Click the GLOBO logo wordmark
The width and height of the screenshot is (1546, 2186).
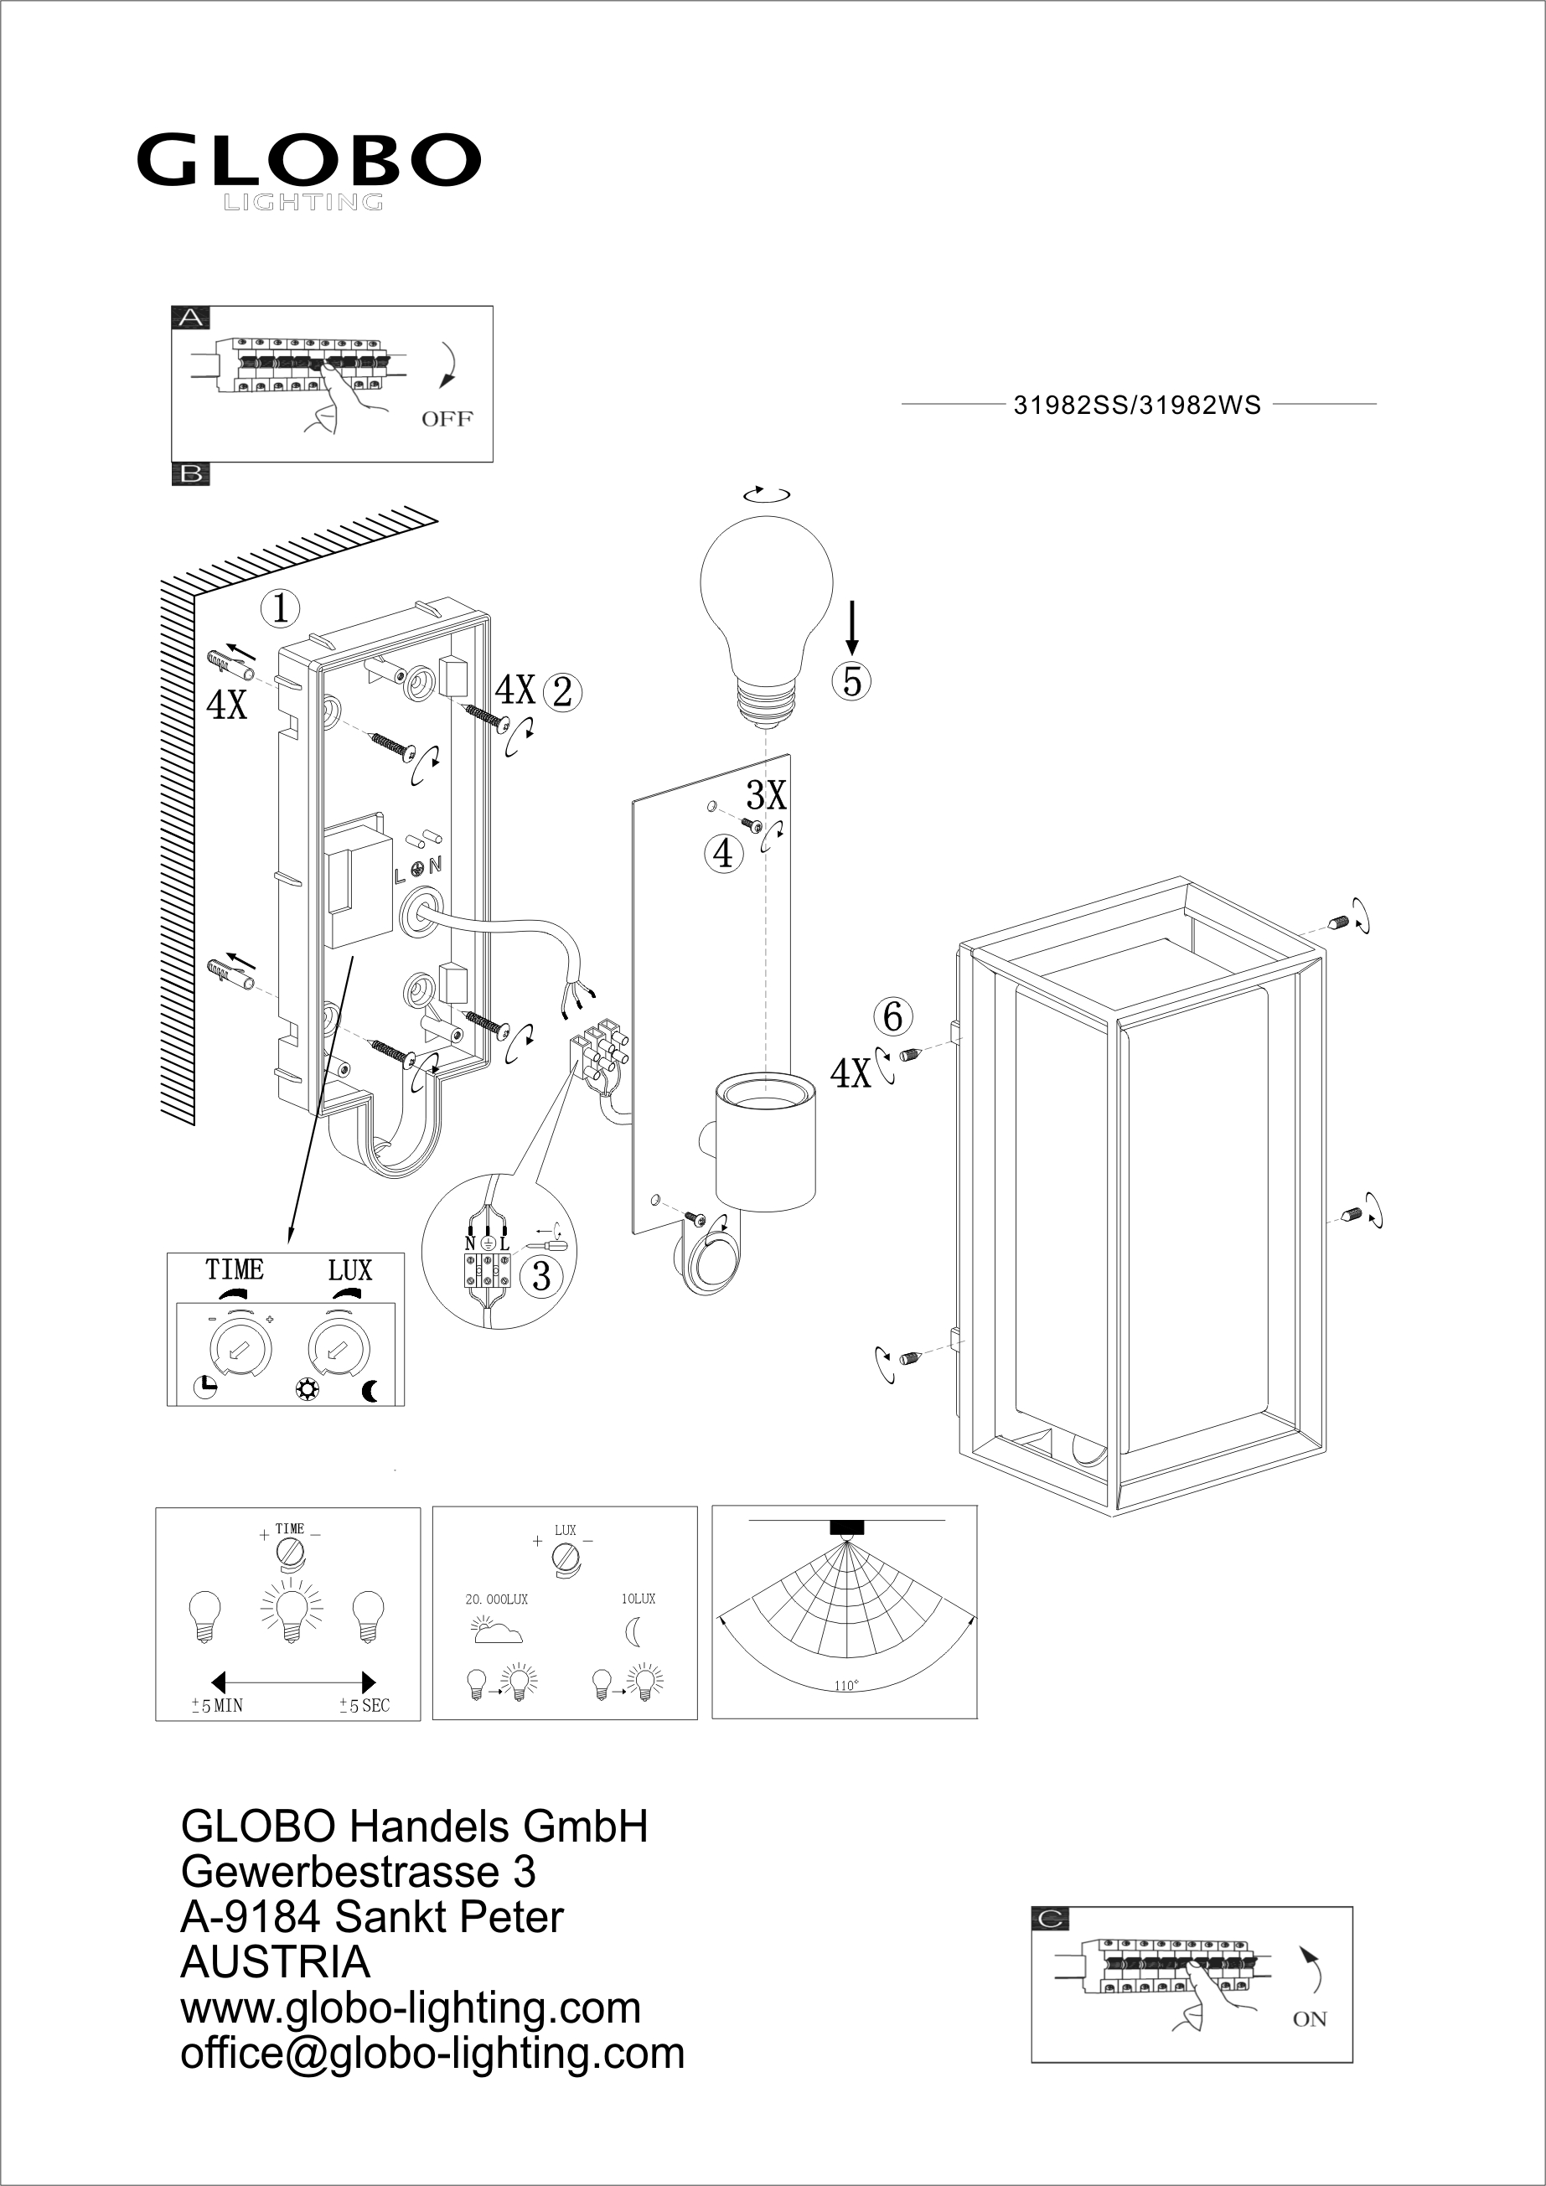[308, 160]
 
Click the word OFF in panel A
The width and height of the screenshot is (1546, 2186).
[447, 419]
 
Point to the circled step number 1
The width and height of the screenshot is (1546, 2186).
[280, 607]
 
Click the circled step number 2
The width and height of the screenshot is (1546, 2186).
[562, 692]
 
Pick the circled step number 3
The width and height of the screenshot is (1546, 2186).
[540, 1276]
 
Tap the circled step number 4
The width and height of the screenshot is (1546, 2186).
[723, 853]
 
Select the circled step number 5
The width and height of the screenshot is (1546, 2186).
[851, 682]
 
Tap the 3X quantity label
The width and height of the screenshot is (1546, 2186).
[767, 794]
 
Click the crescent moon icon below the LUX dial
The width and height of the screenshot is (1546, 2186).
[370, 1391]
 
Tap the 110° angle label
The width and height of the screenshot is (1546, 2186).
[845, 1686]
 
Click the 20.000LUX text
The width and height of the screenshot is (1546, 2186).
[496, 1599]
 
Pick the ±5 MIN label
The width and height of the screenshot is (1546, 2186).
[217, 1706]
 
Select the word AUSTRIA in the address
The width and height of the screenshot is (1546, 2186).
[275, 1962]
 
